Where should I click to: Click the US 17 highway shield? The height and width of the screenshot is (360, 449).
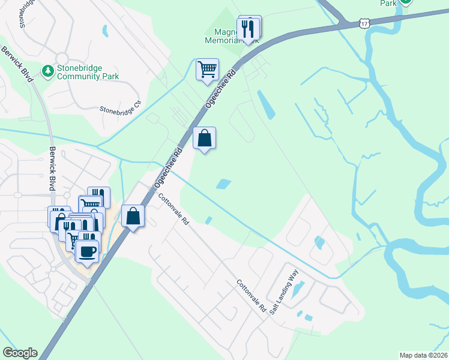click(364, 23)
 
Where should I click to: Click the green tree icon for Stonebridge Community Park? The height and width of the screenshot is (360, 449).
click(47, 71)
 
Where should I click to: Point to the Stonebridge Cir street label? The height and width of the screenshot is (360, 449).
click(122, 107)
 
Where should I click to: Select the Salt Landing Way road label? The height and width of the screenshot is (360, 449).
click(284, 293)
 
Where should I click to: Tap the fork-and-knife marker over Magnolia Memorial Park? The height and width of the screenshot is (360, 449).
click(248, 28)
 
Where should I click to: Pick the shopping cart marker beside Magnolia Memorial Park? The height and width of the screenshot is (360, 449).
click(207, 69)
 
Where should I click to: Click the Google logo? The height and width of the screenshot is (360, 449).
click(20, 353)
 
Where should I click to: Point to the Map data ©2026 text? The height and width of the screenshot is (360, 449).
click(423, 355)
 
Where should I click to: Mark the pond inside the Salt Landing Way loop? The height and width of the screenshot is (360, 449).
click(298, 287)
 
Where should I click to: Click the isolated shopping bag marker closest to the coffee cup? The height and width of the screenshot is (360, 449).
click(133, 216)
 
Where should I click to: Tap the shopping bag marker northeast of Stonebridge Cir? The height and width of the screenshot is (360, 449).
click(204, 139)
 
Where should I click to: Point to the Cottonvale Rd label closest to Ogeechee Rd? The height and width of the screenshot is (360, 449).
click(173, 209)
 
